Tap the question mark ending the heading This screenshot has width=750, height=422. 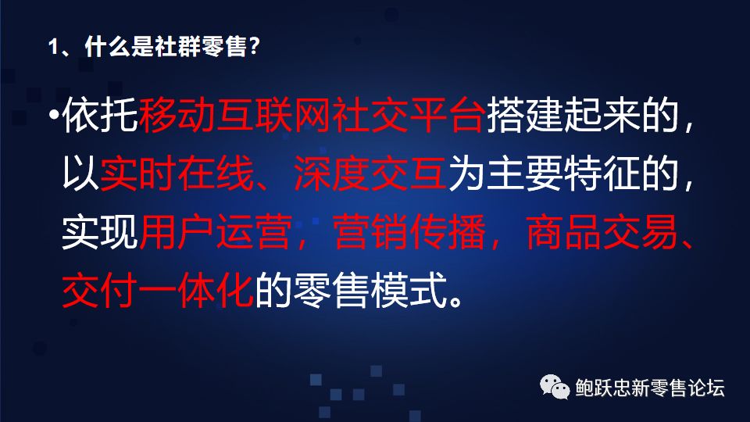coord(254,46)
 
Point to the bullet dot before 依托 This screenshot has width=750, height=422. coord(55,116)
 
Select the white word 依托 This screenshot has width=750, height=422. coord(100,115)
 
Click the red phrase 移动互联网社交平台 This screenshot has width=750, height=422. coord(312,115)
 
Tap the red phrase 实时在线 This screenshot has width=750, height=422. coord(177,173)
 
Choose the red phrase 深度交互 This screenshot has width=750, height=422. coord(370,173)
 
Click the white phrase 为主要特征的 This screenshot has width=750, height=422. coord(563,173)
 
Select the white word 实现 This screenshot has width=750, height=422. coord(100,232)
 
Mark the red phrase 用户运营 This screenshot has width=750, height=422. coord(216,232)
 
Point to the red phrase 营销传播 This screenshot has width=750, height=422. coord(409,232)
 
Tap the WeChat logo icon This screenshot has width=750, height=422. coord(555,387)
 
